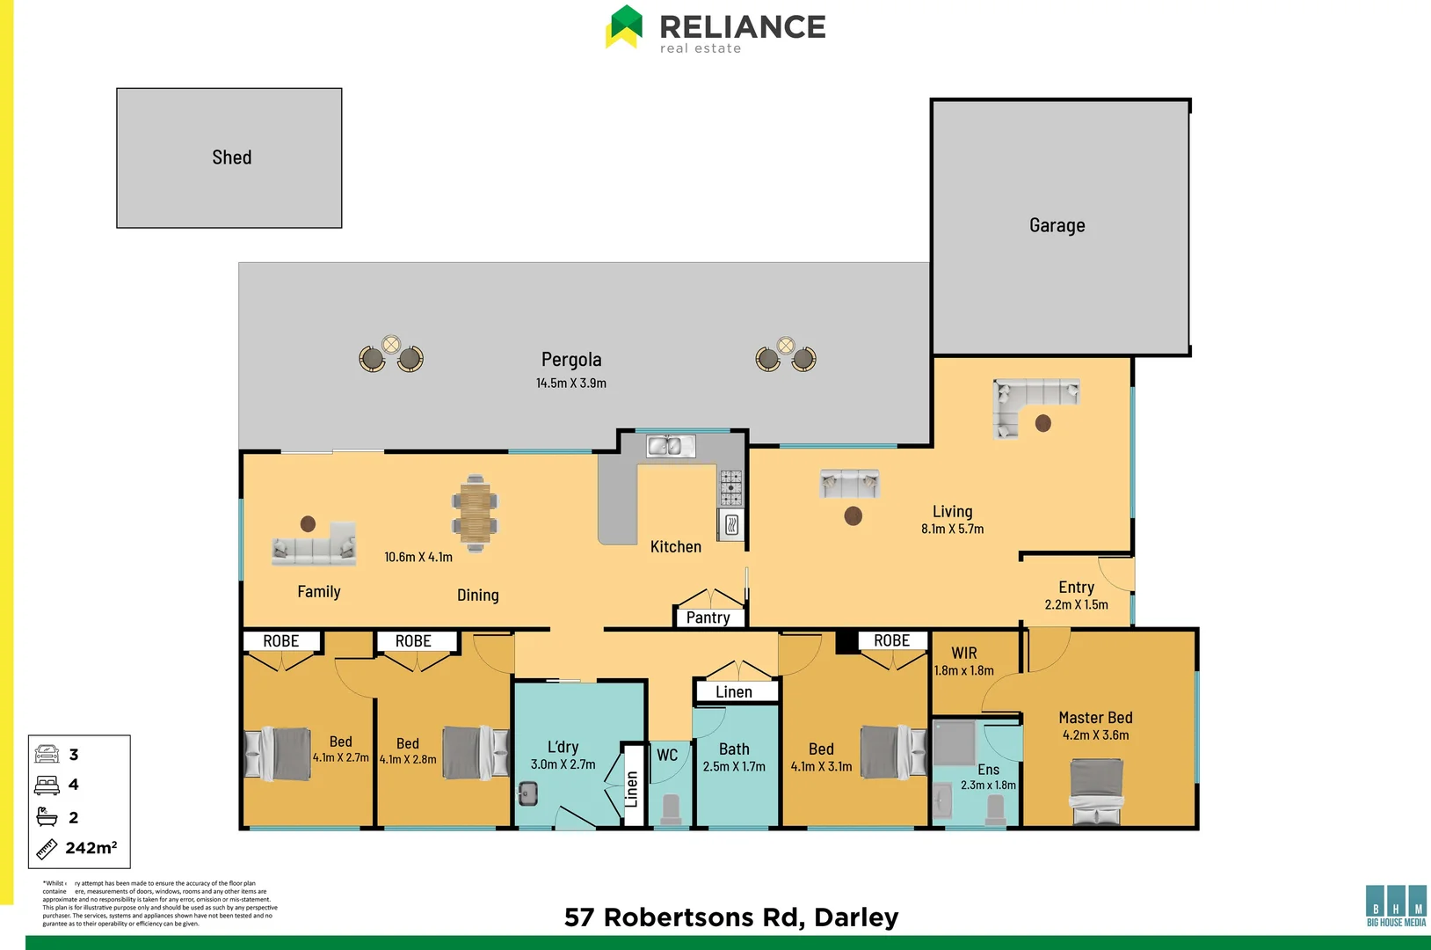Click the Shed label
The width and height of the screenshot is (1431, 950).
click(x=232, y=157)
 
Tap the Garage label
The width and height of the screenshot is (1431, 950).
click(x=1057, y=225)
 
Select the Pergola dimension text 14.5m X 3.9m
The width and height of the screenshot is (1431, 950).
click(x=571, y=384)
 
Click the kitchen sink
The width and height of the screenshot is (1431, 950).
click(x=670, y=446)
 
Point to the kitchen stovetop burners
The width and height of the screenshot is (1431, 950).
click(x=731, y=487)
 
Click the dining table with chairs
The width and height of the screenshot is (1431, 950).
click(x=475, y=513)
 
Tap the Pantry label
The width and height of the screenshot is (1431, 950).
click(x=708, y=617)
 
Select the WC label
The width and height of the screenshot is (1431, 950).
click(x=667, y=755)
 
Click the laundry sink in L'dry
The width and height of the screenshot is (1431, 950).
click(x=527, y=794)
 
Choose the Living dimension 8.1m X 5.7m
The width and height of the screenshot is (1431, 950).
click(x=952, y=530)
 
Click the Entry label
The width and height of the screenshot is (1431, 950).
click(x=1076, y=587)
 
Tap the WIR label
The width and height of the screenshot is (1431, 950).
click(x=964, y=653)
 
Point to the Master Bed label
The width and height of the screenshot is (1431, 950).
click(x=1095, y=718)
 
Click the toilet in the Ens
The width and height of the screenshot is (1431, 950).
click(x=996, y=809)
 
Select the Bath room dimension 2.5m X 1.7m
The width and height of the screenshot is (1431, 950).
click(x=734, y=767)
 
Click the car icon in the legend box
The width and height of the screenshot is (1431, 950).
click(x=47, y=754)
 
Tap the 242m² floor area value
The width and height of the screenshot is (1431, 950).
click(x=91, y=848)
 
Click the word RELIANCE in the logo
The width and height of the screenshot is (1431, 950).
click(x=743, y=26)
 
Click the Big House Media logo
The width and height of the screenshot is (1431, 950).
click(x=1396, y=906)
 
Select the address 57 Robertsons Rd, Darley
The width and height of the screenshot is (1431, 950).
click(x=731, y=917)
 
